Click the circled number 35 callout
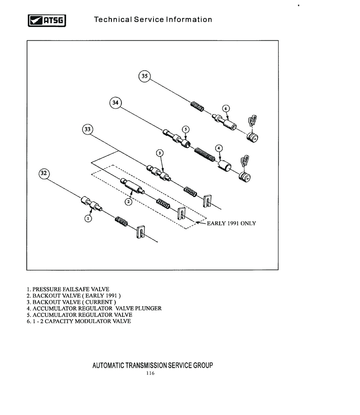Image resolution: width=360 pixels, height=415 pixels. pyautogui.click(x=144, y=76)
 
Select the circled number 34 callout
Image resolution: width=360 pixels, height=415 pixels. pyautogui.click(x=116, y=103)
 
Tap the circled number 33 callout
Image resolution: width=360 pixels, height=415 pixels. pyautogui.click(x=88, y=129)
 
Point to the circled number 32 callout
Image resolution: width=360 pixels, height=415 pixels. pyautogui.click(x=44, y=173)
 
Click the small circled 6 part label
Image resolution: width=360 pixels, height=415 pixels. pyautogui.click(x=226, y=108)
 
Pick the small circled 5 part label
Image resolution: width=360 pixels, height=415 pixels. pyautogui.click(x=185, y=129)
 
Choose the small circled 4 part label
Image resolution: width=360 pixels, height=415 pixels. pyautogui.click(x=219, y=148)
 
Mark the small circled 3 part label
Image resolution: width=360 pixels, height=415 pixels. pyautogui.click(x=160, y=153)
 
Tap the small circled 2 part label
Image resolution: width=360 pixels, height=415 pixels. pyautogui.click(x=128, y=202)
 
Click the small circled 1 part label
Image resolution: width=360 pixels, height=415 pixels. pyautogui.click(x=89, y=219)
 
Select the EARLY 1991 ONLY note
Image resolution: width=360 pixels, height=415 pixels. pyautogui.click(x=231, y=223)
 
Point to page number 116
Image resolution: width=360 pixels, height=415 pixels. pyautogui.click(x=150, y=374)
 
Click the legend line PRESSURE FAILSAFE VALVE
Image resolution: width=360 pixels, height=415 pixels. pyautogui.click(x=68, y=289)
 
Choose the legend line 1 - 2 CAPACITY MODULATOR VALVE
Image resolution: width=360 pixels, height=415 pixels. pyautogui.click(x=79, y=321)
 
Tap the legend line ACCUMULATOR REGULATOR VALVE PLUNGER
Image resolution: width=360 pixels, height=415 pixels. pyautogui.click(x=94, y=308)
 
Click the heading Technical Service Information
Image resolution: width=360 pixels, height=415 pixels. pyautogui.click(x=153, y=20)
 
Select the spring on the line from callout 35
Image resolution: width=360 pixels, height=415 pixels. pyautogui.click(x=197, y=107)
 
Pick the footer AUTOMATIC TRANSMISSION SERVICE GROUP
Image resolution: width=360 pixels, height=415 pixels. pyautogui.click(x=153, y=365)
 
